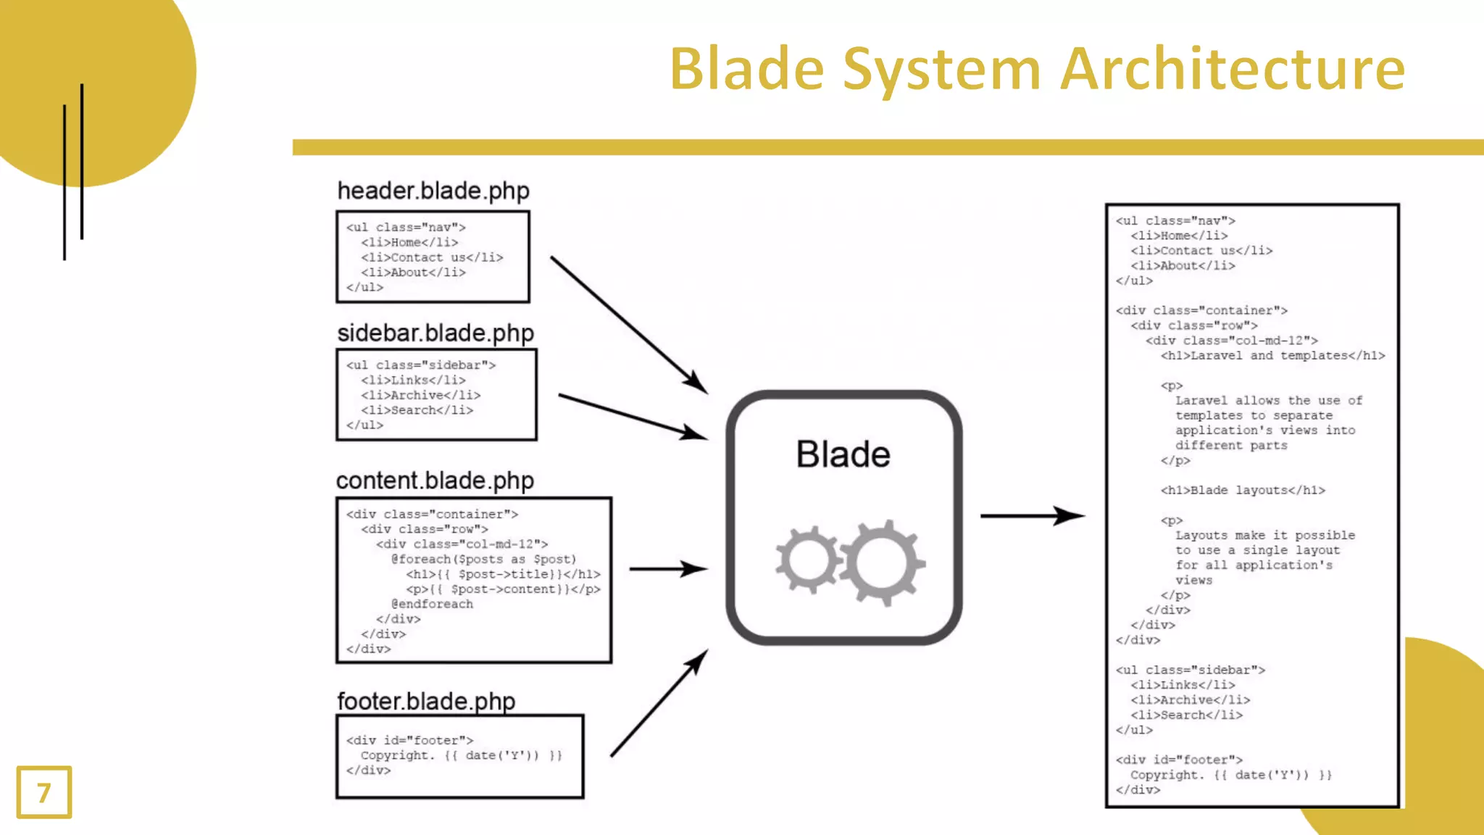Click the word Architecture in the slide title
(1233, 70)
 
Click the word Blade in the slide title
(746, 70)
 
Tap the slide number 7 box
(44, 792)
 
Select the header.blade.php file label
(433, 191)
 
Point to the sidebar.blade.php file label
(435, 333)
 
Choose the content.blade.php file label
(435, 481)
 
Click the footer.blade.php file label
(426, 701)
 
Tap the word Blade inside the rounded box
(843, 454)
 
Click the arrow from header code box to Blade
(628, 324)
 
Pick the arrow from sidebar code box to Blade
(632, 417)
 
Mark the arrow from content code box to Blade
(668, 569)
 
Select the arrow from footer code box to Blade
(659, 703)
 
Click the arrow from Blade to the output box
(1032, 516)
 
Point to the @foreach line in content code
(483, 560)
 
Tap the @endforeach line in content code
(432, 605)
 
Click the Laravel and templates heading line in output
(1272, 356)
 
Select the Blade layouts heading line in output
(1243, 491)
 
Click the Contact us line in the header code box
(432, 257)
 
